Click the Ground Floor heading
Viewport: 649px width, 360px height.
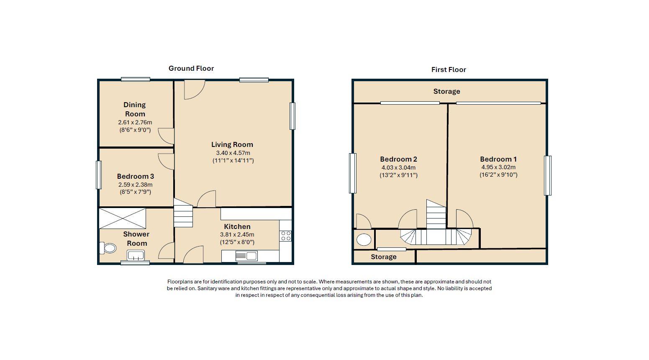(191, 68)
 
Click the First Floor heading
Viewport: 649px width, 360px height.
(449, 69)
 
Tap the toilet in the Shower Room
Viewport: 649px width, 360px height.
(108, 248)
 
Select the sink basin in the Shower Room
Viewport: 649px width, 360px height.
(135, 255)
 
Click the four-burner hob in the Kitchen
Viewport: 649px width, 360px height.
(286, 236)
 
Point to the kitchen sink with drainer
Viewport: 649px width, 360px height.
(246, 256)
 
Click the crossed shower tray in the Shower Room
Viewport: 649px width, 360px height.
(122, 218)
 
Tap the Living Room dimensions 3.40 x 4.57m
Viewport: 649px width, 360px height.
(233, 153)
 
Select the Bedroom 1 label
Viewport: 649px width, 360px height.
(498, 159)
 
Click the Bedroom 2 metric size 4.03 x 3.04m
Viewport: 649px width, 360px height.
(398, 167)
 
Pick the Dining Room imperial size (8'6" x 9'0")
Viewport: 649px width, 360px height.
(135, 130)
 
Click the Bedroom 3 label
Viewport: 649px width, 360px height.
(135, 176)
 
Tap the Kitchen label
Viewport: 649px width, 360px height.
(237, 226)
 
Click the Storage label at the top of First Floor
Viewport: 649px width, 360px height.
(446, 92)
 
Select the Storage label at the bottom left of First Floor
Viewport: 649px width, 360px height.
(384, 257)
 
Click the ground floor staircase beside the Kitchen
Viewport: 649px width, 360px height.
(183, 213)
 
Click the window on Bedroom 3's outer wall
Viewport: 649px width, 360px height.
(99, 175)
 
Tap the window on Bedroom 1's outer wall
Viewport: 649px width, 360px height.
(548, 176)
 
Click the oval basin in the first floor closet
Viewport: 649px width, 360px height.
(364, 240)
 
